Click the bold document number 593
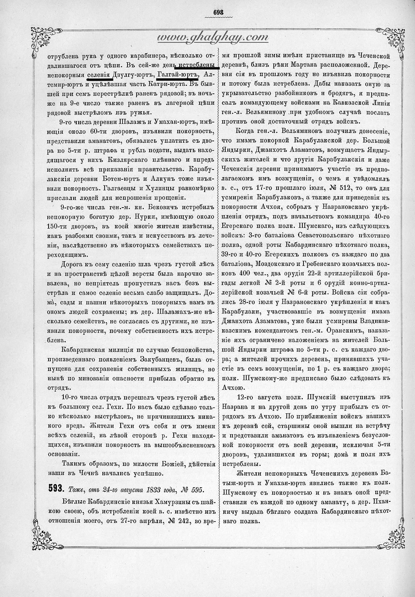(56, 489)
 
